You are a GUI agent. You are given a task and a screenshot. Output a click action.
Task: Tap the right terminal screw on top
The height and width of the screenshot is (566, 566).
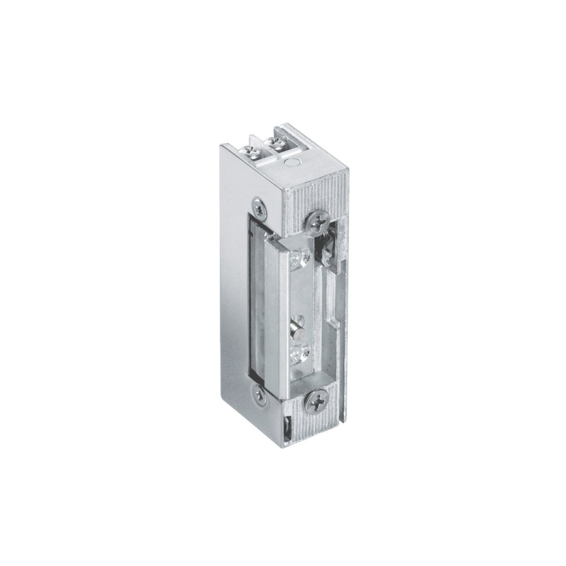272,143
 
